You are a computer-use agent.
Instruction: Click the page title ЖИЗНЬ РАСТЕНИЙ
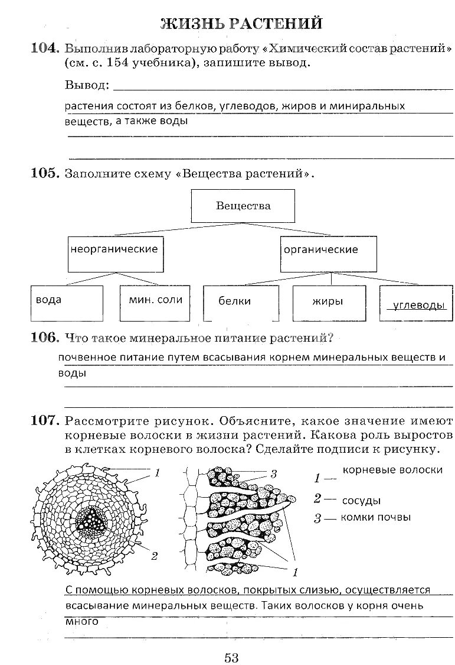click(241, 23)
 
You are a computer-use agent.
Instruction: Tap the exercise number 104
click(45, 49)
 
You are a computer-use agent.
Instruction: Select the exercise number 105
click(45, 174)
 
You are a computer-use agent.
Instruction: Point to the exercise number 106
click(45, 338)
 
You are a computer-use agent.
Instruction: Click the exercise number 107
click(45, 421)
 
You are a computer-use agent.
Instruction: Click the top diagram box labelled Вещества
click(243, 206)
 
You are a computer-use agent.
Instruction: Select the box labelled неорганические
click(114, 254)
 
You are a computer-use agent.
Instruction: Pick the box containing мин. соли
click(156, 303)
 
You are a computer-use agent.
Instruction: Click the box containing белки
click(242, 303)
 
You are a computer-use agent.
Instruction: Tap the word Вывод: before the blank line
click(87, 86)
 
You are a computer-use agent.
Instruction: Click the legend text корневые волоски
click(392, 470)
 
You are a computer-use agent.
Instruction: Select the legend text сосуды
click(361, 500)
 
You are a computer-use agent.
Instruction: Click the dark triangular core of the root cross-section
click(91, 520)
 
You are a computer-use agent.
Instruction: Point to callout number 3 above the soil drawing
click(273, 473)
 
